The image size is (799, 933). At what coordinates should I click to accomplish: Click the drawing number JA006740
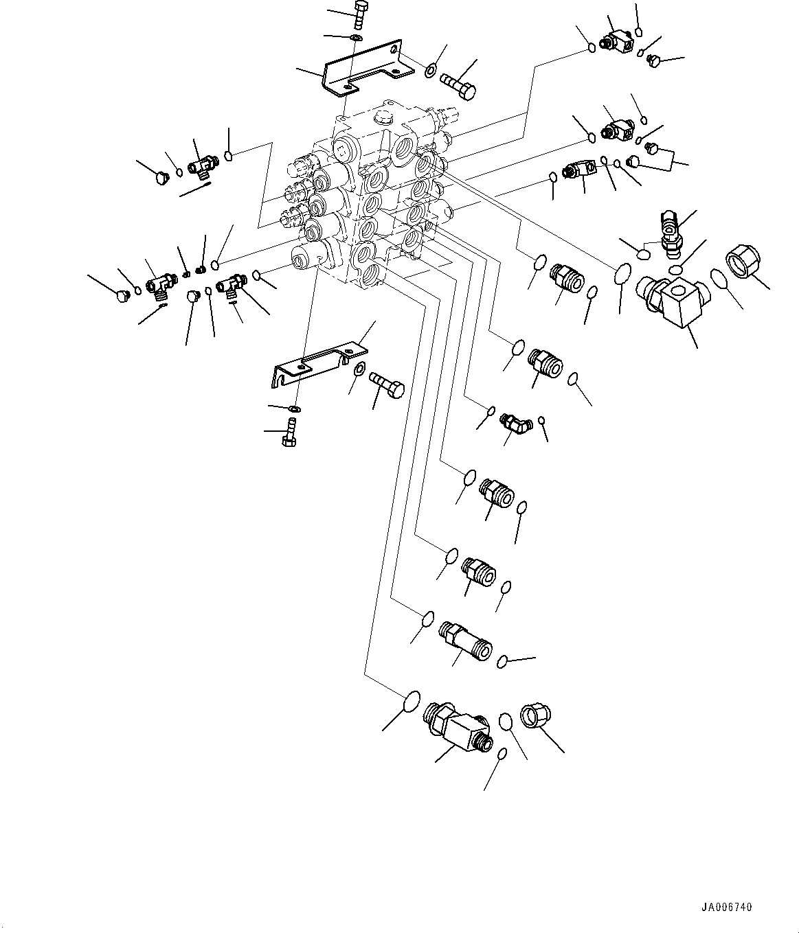pyautogui.click(x=727, y=907)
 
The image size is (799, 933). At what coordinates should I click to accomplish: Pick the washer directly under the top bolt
pyautogui.click(x=355, y=36)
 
